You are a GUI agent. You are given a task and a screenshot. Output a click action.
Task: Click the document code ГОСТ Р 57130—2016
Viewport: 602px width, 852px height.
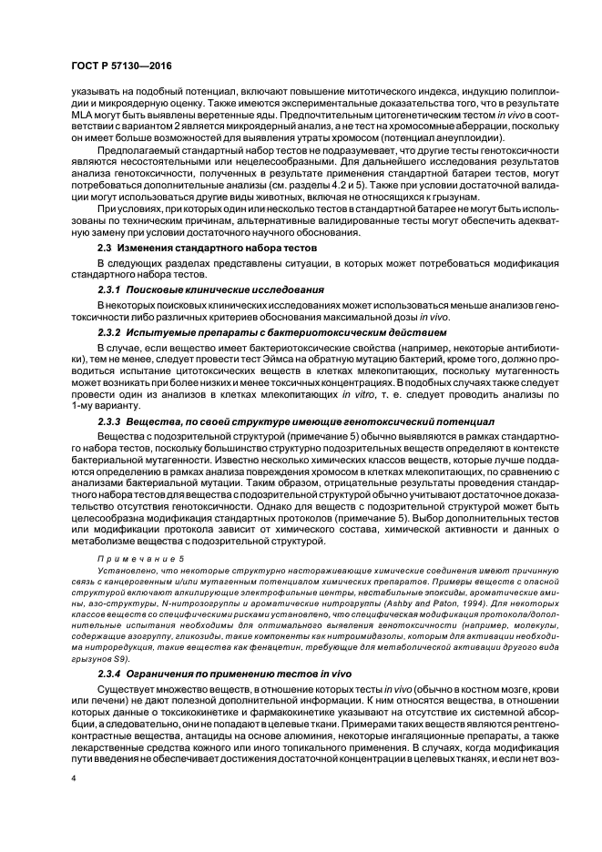pos(121,66)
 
